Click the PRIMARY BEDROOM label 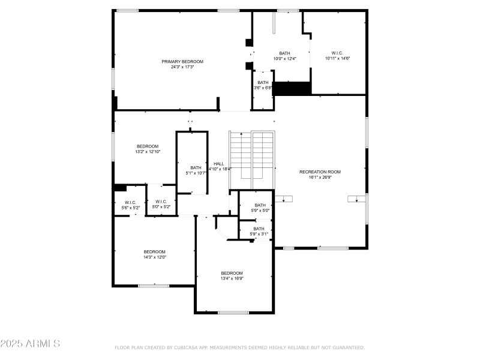182,61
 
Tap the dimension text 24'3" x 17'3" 182,67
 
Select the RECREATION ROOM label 320,172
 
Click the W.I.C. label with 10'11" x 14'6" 337,53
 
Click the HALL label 219,163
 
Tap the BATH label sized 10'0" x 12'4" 284,53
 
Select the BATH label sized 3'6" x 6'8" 263,82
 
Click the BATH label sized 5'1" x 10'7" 196,167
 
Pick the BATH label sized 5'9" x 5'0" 260,205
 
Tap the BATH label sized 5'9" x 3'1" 259,229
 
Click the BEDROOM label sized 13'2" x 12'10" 147,146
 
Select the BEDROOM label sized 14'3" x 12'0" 154,251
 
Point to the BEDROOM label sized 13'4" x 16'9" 232,272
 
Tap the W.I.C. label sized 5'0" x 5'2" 161,202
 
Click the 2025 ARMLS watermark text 30,344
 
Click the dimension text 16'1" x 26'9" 320,177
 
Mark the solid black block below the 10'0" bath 292,88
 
